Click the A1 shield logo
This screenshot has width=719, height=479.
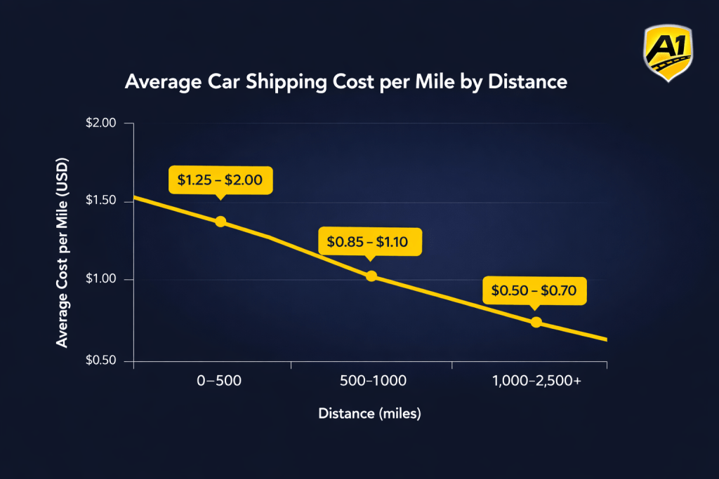coord(668,52)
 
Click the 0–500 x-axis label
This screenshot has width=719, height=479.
coord(220,382)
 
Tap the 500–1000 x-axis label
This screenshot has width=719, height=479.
coord(371,382)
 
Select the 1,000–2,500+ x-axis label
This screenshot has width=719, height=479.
coord(536,382)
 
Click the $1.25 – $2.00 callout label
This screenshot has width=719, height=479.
coord(220,180)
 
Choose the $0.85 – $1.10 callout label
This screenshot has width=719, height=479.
coord(370,243)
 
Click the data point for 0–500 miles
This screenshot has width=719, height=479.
coord(220,222)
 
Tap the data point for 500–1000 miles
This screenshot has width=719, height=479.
coord(371,276)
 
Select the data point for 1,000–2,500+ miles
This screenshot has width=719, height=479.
coord(536,322)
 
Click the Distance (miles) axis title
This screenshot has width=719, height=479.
coord(369,414)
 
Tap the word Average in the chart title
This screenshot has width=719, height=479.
coord(155,82)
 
